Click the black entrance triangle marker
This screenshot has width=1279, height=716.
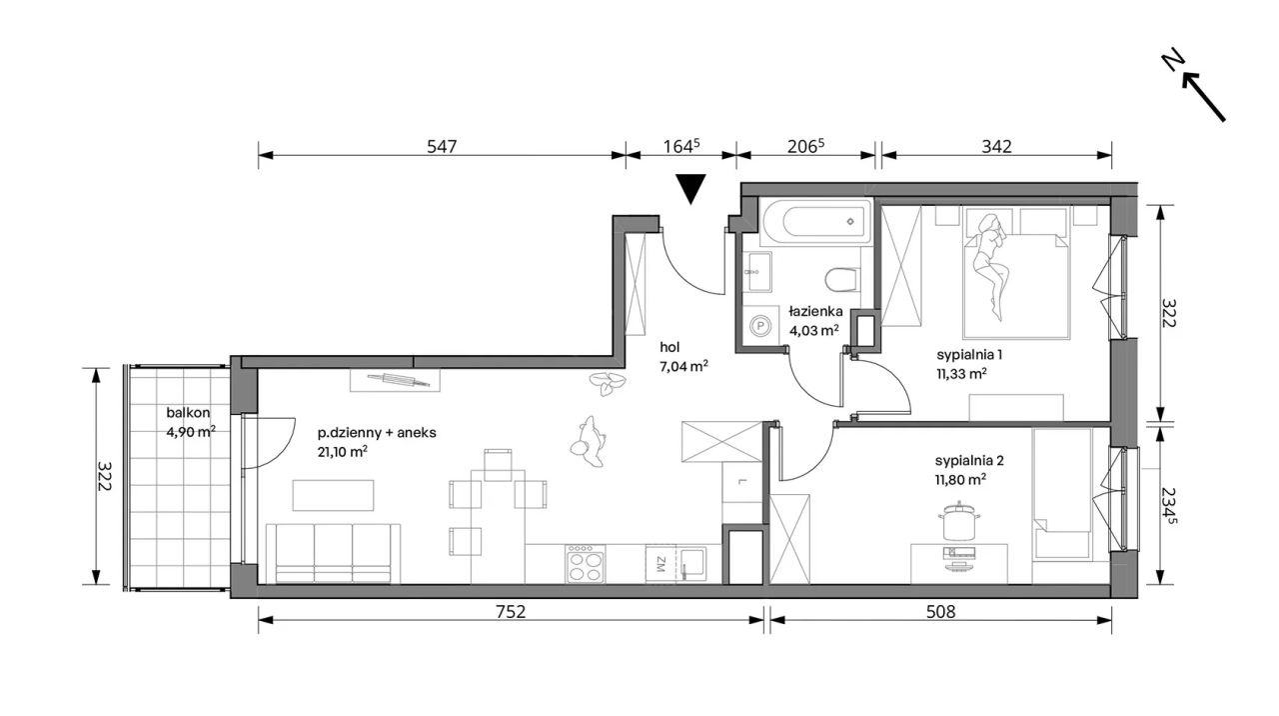pos(690,187)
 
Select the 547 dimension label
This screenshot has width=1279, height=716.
pos(442,147)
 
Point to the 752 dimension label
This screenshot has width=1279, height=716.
pos(510,612)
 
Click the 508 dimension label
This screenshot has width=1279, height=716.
pos(940,612)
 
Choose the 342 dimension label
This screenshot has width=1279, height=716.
pos(996,147)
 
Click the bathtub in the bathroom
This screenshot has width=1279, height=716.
pos(816,222)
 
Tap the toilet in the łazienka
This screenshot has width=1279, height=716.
pos(842,279)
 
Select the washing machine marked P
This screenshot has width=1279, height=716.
pos(760,326)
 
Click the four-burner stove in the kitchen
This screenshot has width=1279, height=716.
pos(586,564)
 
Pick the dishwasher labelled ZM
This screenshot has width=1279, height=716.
pos(660,564)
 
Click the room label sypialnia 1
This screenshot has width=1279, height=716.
pos(969,355)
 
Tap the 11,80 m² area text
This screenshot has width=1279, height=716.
pos(960,479)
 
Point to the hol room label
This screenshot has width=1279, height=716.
pos(669,347)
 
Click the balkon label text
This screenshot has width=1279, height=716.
pos(188,413)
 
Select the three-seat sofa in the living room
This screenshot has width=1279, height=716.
pos(333,553)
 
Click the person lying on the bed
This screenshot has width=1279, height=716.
pos(990,265)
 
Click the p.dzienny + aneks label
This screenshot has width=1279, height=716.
pos(377,433)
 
